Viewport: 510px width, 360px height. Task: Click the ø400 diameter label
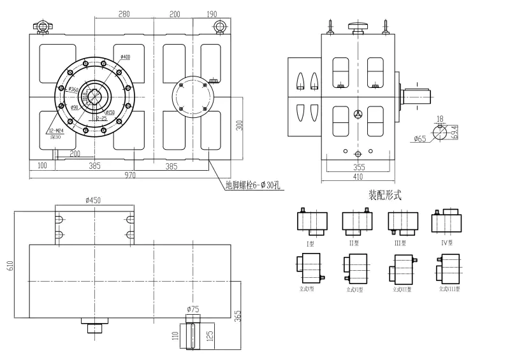[125, 57]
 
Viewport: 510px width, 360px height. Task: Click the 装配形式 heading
[385, 196]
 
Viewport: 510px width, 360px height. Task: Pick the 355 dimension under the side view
[359, 167]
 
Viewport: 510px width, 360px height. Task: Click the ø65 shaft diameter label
[419, 138]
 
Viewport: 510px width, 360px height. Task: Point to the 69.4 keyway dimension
[453, 132]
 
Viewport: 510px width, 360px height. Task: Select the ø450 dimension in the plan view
[94, 200]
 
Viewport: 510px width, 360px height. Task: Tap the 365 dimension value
[238, 316]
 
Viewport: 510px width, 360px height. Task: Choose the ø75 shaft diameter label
[193, 309]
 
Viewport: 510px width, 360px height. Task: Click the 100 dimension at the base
[43, 166]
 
